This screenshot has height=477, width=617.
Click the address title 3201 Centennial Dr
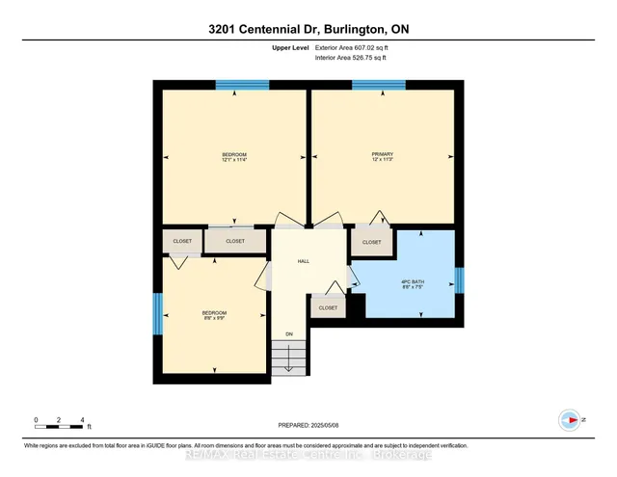click(308, 29)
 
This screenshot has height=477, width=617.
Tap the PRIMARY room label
click(383, 154)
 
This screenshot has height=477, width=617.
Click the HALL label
click(303, 261)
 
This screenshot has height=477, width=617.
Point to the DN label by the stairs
click(287, 334)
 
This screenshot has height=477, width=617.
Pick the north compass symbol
click(570, 420)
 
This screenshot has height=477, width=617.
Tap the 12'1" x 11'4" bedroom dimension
click(235, 160)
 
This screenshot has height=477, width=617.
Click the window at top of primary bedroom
click(378, 85)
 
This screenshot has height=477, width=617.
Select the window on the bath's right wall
click(459, 280)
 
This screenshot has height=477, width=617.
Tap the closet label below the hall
click(328, 308)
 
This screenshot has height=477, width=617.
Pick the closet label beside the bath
click(371, 243)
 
